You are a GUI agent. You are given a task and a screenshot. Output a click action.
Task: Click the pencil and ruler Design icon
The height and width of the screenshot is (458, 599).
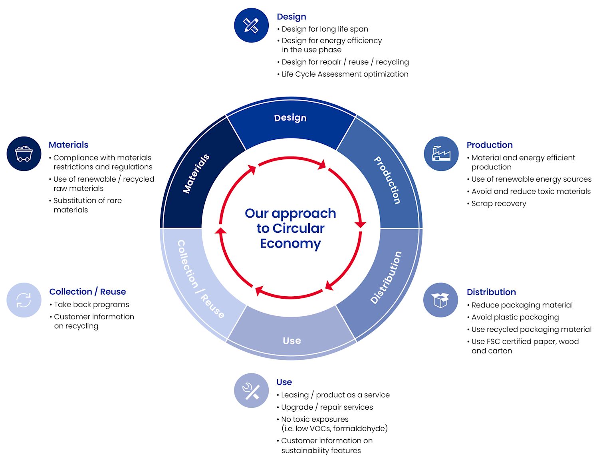pyautogui.click(x=251, y=25)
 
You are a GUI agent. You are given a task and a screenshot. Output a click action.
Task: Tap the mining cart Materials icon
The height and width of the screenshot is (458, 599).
pyautogui.click(x=24, y=154)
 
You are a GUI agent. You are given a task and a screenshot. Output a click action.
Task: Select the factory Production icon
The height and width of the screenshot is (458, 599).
pyautogui.click(x=441, y=154)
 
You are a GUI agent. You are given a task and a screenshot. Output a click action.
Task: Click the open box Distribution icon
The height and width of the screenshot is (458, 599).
pyautogui.click(x=440, y=300)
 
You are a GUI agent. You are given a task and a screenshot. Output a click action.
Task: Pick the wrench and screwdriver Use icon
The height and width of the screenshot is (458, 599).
pyautogui.click(x=251, y=391)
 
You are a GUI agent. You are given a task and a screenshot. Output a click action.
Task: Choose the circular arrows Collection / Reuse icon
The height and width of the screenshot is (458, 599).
pyautogui.click(x=24, y=300)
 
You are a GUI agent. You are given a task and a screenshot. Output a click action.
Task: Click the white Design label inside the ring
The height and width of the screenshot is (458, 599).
pyautogui.click(x=290, y=118)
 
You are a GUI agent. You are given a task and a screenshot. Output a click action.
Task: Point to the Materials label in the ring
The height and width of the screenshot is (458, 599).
pyautogui.click(x=196, y=174)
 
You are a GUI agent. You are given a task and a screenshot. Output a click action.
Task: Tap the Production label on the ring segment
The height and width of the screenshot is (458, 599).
pyautogui.click(x=387, y=180)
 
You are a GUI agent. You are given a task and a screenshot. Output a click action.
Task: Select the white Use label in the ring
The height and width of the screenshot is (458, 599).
pyautogui.click(x=292, y=341)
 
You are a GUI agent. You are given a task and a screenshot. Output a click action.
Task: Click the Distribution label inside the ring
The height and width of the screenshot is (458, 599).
pyautogui.click(x=386, y=278)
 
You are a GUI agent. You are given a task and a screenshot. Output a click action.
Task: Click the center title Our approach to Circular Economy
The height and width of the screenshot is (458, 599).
pyautogui.click(x=290, y=228)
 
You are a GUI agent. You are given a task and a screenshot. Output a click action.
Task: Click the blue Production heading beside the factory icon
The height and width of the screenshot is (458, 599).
pyautogui.click(x=490, y=145)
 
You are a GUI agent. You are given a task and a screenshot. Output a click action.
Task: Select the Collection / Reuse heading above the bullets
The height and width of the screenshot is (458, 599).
pyautogui.click(x=87, y=291)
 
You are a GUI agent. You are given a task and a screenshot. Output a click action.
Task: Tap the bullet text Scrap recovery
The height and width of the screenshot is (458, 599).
pyautogui.click(x=499, y=204)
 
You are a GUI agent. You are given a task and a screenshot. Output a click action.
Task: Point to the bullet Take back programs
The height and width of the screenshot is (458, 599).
pyautogui.click(x=91, y=305)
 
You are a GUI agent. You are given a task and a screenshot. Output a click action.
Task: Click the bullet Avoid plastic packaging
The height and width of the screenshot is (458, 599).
pyautogui.click(x=515, y=317)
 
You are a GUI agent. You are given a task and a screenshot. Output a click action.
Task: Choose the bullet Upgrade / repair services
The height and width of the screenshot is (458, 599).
pyautogui.click(x=327, y=407)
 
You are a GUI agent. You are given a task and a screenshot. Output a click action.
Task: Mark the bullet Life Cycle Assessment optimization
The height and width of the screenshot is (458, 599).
pyautogui.click(x=345, y=74)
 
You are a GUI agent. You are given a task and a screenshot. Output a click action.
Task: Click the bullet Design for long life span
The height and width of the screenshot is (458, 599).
pyautogui.click(x=325, y=29)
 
